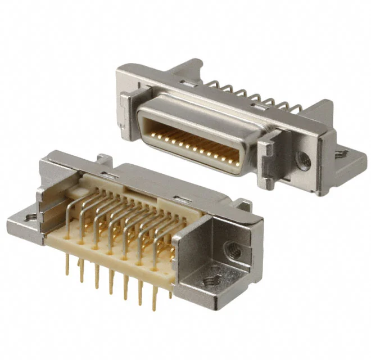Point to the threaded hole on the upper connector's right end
[x=304, y=162]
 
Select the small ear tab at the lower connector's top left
[x=103, y=159]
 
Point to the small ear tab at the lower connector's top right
[x=243, y=204]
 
